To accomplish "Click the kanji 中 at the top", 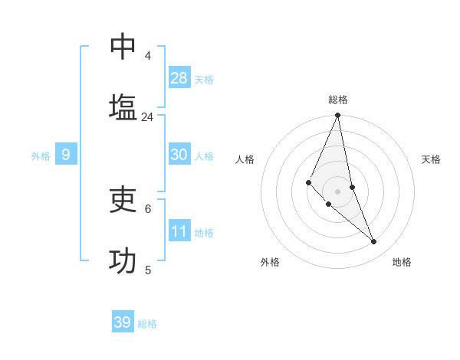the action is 123,47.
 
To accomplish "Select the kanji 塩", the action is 123,107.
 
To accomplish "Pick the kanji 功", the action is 123,260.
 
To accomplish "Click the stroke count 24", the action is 147,116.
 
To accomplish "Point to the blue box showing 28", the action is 179,78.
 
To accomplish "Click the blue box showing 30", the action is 179,155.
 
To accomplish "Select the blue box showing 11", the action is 179,231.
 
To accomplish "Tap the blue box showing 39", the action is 123,322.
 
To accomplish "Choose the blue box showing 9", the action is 66,155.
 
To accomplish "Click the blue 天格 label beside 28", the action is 204,80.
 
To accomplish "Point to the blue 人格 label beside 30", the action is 204,156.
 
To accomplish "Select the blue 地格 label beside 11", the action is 204,233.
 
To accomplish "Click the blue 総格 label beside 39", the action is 147,324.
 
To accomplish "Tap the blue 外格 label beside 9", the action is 41,156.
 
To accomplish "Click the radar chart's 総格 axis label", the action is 338,100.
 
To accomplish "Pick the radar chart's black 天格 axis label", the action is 432,159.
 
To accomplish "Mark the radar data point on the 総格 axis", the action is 338,116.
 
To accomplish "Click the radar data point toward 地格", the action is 374,241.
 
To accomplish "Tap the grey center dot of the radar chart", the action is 338,191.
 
